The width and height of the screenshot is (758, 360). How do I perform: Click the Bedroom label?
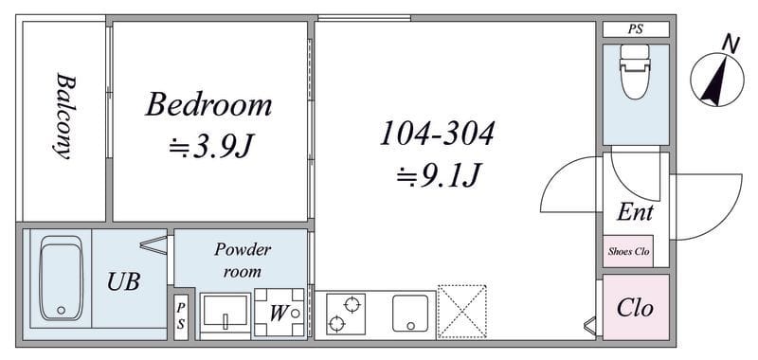click(x=208, y=105)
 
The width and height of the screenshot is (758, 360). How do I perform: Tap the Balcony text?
click(x=65, y=116)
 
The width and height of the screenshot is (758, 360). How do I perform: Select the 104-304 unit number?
click(x=437, y=134)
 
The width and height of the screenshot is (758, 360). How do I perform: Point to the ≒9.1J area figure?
click(x=439, y=175)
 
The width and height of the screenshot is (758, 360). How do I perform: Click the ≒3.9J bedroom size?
click(x=211, y=147)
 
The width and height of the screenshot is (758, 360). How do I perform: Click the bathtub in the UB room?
click(x=62, y=279)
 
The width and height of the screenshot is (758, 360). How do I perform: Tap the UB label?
click(x=124, y=281)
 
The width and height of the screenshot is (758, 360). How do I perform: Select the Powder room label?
click(x=243, y=261)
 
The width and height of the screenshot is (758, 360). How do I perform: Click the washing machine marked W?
click(x=280, y=313)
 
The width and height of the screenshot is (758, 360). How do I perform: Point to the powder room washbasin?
click(x=226, y=315)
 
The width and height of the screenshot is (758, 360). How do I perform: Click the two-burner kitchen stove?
click(x=345, y=314)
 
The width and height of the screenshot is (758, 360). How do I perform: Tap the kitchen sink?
click(x=410, y=314)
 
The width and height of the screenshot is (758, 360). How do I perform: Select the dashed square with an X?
click(x=461, y=312)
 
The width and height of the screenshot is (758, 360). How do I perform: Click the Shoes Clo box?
click(x=628, y=251)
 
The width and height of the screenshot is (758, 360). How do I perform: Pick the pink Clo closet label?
click(x=635, y=308)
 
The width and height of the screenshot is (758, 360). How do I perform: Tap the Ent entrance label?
click(x=635, y=211)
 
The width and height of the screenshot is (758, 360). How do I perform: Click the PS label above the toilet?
click(x=636, y=29)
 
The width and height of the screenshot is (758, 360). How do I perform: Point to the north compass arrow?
click(x=713, y=81)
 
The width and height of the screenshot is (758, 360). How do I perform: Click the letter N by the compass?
click(x=731, y=45)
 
